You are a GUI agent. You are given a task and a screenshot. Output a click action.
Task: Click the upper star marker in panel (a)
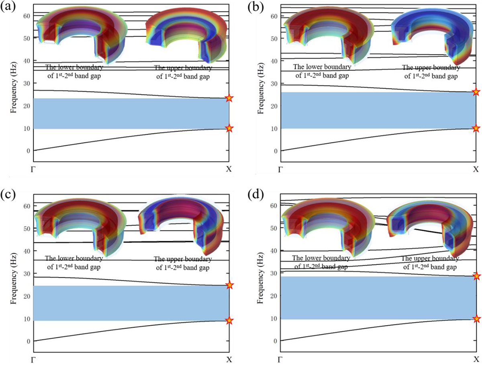coord(229,98)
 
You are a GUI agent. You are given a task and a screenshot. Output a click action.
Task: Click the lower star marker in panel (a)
coord(229,128)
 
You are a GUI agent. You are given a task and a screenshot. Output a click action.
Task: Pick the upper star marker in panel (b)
coord(476,92)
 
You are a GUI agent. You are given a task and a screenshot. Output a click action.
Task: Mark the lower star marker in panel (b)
coord(476,128)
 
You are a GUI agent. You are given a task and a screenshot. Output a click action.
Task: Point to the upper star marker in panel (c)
coord(229,285)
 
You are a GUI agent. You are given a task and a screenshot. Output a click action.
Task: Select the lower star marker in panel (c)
coord(229,320)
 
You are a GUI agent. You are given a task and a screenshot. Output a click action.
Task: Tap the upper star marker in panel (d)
coord(476,276)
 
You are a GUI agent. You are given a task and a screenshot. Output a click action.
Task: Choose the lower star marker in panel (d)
coord(476,319)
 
